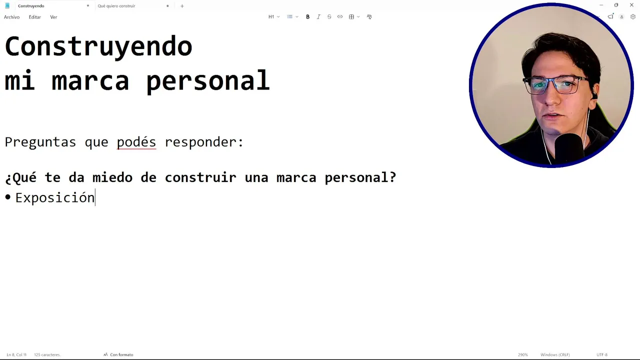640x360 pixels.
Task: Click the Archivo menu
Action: tap(11, 17)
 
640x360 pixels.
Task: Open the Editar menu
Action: tap(35, 17)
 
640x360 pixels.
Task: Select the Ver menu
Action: tap(53, 17)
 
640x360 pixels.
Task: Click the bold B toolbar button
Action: tap(307, 17)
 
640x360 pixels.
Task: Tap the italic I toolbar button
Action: tap(318, 17)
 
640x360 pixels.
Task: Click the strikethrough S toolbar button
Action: tap(329, 17)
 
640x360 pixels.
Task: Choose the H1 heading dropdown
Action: tap(273, 17)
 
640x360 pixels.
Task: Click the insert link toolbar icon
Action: tap(339, 17)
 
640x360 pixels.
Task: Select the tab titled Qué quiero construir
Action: tap(116, 5)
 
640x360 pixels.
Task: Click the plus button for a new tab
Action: tap(182, 6)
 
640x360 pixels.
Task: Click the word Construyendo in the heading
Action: tap(98, 47)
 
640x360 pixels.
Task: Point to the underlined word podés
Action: tap(136, 142)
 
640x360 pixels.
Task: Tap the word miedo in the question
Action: tap(112, 177)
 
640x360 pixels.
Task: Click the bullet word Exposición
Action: tap(55, 197)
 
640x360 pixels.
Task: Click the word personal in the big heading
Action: tap(207, 81)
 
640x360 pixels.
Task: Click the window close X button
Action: tap(631, 5)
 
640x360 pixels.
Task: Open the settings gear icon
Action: tap(632, 17)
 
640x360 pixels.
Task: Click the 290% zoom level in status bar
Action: tap(522, 354)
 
